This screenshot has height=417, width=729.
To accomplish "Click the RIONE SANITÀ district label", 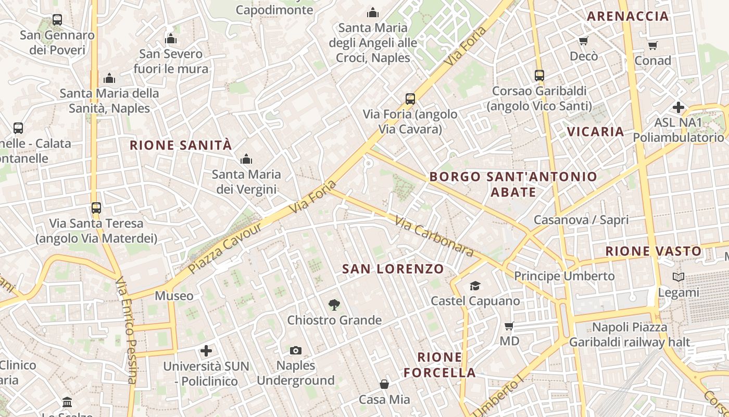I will [x=181, y=145].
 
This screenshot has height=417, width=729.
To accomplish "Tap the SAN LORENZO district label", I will [x=393, y=269].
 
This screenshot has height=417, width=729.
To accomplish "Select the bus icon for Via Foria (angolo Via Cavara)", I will [x=410, y=99].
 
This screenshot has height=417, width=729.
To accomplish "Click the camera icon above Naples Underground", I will [x=296, y=350].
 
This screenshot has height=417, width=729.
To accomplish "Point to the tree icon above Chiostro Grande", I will [x=334, y=305].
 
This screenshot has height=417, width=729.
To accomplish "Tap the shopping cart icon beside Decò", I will [x=584, y=41].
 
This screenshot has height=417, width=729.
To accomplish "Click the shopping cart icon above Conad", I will [x=652, y=46].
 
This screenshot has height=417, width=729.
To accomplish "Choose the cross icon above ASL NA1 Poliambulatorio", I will [x=678, y=108].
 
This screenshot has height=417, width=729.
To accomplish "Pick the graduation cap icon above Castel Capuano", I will [x=475, y=286].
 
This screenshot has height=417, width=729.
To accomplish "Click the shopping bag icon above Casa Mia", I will [x=384, y=385].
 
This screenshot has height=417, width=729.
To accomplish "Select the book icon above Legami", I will [x=678, y=277].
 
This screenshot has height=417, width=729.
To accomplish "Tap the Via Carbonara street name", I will [x=434, y=237].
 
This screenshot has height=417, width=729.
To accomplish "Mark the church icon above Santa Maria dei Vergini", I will [x=246, y=159].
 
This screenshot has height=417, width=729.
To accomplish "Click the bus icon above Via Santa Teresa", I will [x=96, y=208].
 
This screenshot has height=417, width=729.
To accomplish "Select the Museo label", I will [x=174, y=296].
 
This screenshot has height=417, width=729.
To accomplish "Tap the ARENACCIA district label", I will [x=627, y=16].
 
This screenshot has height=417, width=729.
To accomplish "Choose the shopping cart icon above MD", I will [x=509, y=326].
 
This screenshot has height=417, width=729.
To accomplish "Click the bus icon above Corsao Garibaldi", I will [x=539, y=76].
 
